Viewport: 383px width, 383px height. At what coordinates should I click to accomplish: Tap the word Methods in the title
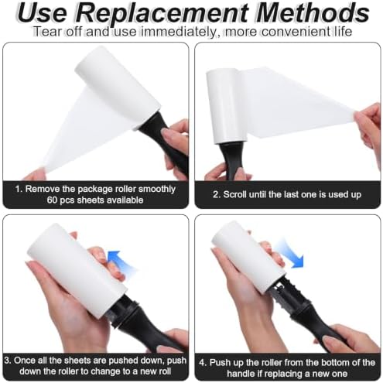coord(313,12)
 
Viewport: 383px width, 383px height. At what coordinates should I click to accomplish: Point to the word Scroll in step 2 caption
coord(234,194)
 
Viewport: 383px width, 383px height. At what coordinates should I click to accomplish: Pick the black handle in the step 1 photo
coord(162,142)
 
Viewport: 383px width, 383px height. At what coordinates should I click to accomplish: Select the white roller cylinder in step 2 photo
coord(224,106)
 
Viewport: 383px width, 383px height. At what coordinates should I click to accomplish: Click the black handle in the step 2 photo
coord(231,160)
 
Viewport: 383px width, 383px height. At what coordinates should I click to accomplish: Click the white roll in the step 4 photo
coord(250,258)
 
